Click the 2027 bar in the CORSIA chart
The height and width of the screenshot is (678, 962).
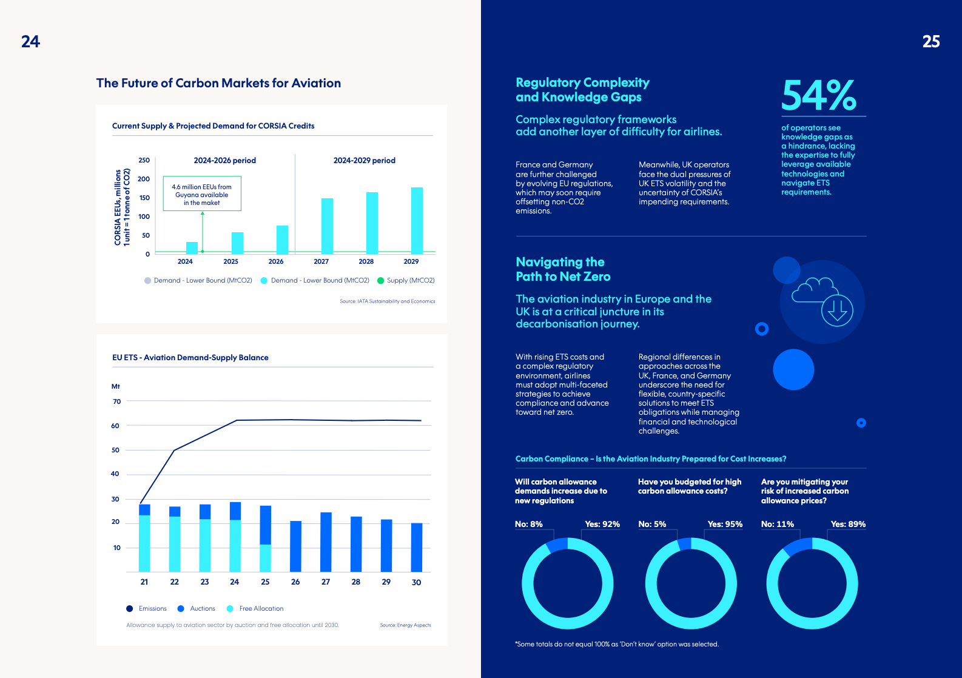tap(327, 226)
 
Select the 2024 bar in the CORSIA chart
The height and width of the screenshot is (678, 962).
tap(192, 248)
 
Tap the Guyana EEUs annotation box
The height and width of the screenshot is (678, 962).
tap(202, 194)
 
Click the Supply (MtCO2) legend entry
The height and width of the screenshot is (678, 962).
tap(406, 280)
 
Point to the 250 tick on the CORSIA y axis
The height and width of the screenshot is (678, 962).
tap(144, 161)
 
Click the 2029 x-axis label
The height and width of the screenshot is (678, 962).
tap(411, 261)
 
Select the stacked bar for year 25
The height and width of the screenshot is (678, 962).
tap(265, 539)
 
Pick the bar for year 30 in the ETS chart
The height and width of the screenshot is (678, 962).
tap(417, 548)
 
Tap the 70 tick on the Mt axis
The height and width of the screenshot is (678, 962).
tap(117, 401)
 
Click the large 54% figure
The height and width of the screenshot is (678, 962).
tap(819, 96)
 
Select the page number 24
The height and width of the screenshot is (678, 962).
tap(30, 42)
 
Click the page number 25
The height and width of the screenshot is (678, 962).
tap(931, 42)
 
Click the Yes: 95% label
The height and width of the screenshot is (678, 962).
tap(725, 524)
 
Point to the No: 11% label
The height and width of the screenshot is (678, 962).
tap(778, 524)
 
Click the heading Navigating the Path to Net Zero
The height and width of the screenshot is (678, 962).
tap(563, 269)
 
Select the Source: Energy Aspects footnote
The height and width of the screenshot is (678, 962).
tap(405, 625)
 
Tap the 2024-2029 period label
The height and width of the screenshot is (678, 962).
tap(364, 161)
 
